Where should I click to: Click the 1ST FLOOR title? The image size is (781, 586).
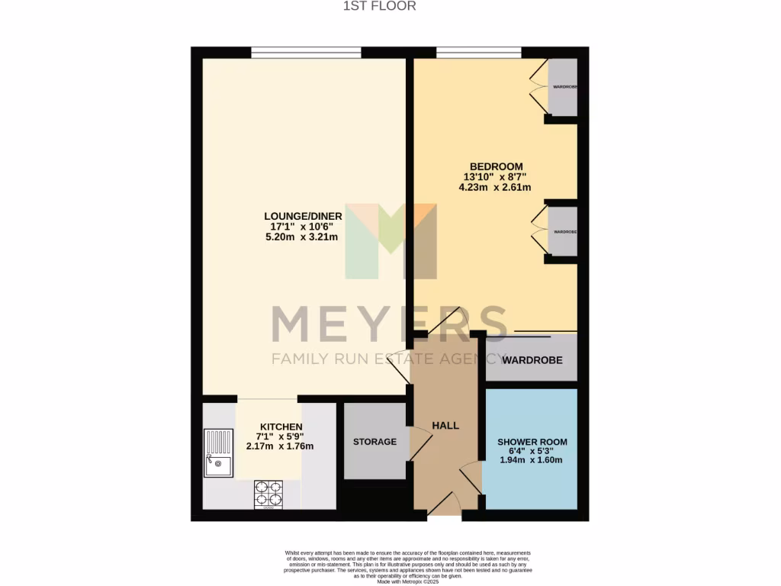tap(390, 6)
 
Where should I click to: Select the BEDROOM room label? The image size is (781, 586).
tap(496, 167)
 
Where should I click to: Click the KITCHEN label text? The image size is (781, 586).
tap(281, 427)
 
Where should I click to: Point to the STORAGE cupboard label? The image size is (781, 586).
tap(374, 442)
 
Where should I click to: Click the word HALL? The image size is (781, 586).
tap(445, 425)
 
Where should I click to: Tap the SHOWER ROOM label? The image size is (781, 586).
tap(532, 442)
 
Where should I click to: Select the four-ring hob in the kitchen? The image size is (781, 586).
tap(268, 494)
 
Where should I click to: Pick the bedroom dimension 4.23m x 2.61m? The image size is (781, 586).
tap(496, 187)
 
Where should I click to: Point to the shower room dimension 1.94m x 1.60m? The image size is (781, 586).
tap(532, 460)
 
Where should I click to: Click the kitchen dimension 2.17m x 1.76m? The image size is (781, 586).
tap(281, 446)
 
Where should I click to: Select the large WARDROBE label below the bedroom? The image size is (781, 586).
tap(532, 358)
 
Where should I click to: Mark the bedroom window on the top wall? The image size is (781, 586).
tap(478, 53)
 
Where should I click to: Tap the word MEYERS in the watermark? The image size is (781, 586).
tap(389, 324)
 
